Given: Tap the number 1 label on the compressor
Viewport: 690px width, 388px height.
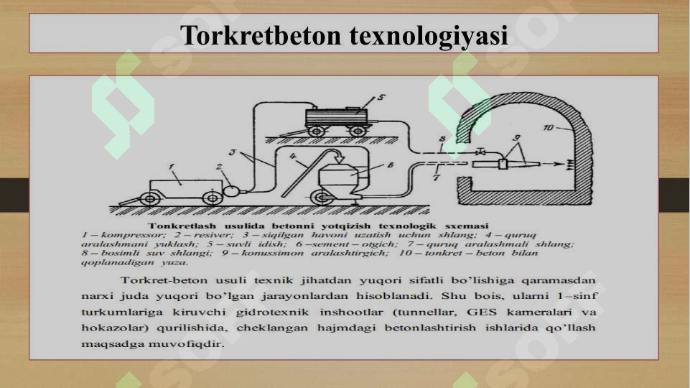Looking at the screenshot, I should [x=173, y=168].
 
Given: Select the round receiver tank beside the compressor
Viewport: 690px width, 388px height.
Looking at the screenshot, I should [x=233, y=190].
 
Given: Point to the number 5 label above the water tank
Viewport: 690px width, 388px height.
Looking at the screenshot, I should [x=381, y=97].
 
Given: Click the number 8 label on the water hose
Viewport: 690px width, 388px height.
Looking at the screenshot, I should [x=442, y=138].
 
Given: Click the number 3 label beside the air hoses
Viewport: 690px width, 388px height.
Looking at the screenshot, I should [x=232, y=152].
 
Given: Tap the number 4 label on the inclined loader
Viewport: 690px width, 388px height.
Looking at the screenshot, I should [x=294, y=154].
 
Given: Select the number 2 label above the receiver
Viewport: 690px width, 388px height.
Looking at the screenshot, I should [x=219, y=167].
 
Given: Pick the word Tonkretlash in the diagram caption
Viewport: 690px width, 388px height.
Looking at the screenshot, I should [x=189, y=226].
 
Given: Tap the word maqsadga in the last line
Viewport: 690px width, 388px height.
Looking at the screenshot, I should [x=116, y=343].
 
